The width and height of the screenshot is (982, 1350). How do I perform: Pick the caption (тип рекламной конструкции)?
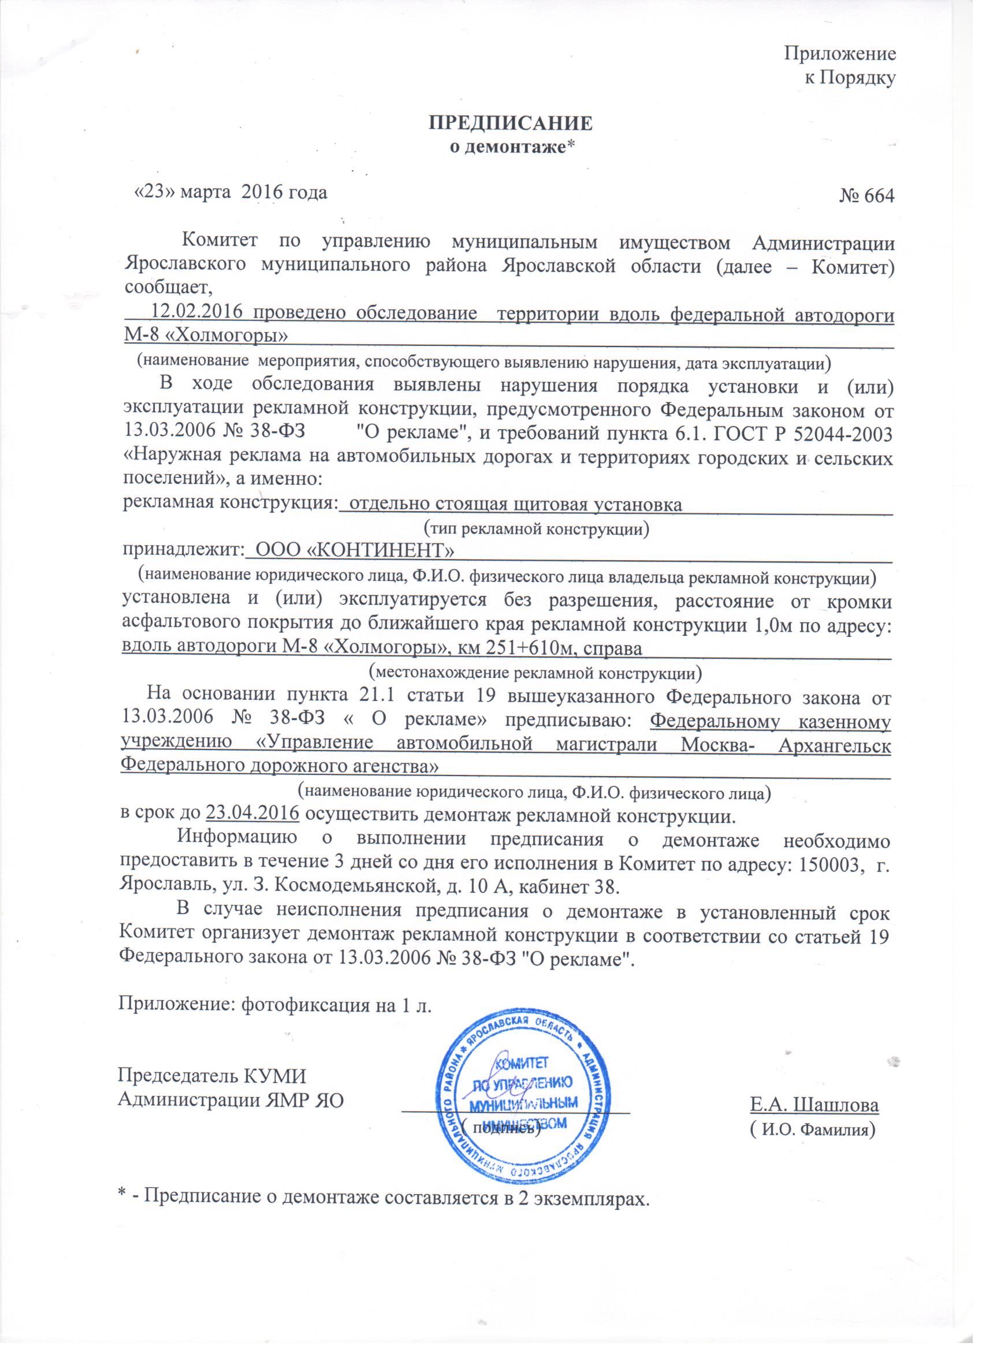536,528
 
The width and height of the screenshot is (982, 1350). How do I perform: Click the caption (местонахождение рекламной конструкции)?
535,673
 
